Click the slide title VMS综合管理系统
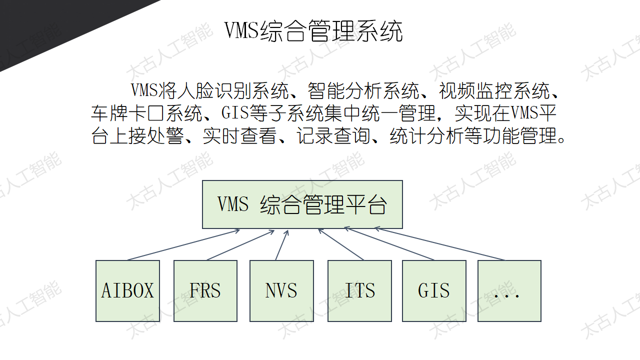pos(313,31)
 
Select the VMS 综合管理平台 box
pos(302,204)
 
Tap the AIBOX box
pos(127,291)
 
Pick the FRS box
pos(205,291)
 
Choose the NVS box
pos(281,291)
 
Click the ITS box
pos(359,291)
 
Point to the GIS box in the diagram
pos(434,291)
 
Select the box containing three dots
pos(509,291)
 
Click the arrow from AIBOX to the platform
pos(183,245)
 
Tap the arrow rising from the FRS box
pos(240,245)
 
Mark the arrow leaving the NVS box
pos(281,245)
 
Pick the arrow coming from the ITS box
pos(341,244)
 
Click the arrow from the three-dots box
pos(439,243)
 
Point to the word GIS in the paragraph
pos(235,112)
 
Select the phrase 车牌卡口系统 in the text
pos(147,113)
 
